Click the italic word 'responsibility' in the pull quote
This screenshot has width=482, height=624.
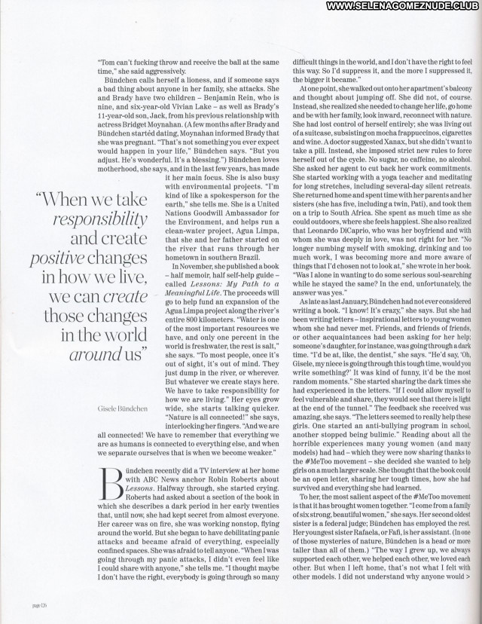point(99,219)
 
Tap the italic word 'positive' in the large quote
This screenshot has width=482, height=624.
point(56,258)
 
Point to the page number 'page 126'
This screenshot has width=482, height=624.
point(40,604)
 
